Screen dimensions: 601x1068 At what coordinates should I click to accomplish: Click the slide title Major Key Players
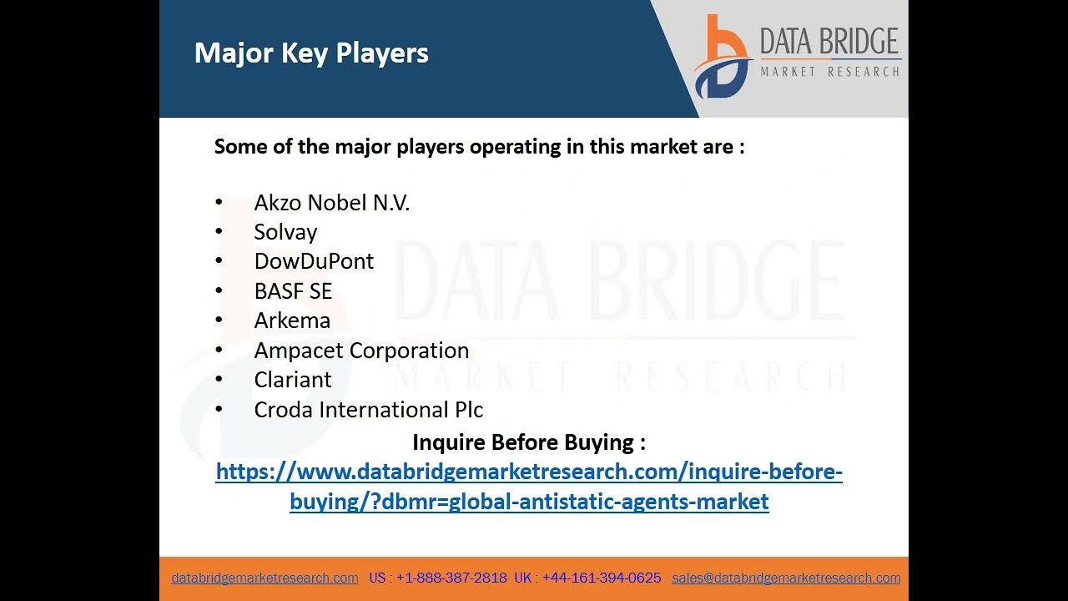point(311,53)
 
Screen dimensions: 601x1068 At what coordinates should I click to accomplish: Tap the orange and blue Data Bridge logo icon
point(723,58)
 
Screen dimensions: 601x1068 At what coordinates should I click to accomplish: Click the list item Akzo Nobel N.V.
point(331,203)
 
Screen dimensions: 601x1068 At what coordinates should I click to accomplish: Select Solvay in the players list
point(285,232)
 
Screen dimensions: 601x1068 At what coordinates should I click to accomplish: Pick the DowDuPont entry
point(314,261)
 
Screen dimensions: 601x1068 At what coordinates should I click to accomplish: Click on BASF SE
point(293,291)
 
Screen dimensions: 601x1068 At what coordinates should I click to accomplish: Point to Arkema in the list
point(292,321)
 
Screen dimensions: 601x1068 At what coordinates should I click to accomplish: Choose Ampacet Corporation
point(361,351)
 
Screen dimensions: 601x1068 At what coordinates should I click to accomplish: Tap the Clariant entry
point(293,380)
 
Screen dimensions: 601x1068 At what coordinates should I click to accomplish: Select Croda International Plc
point(368,410)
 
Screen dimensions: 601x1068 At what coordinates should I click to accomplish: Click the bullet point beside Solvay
point(219,231)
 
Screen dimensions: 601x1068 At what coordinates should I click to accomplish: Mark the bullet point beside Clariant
point(219,379)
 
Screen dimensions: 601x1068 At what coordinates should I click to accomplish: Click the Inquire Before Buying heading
point(529,442)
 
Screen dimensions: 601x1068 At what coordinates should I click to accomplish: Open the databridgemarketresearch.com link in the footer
point(264,578)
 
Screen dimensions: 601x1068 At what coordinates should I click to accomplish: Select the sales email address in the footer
point(786,578)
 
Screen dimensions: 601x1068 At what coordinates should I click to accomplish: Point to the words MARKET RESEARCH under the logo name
point(829,72)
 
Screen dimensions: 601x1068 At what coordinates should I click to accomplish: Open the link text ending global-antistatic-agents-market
point(529,502)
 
